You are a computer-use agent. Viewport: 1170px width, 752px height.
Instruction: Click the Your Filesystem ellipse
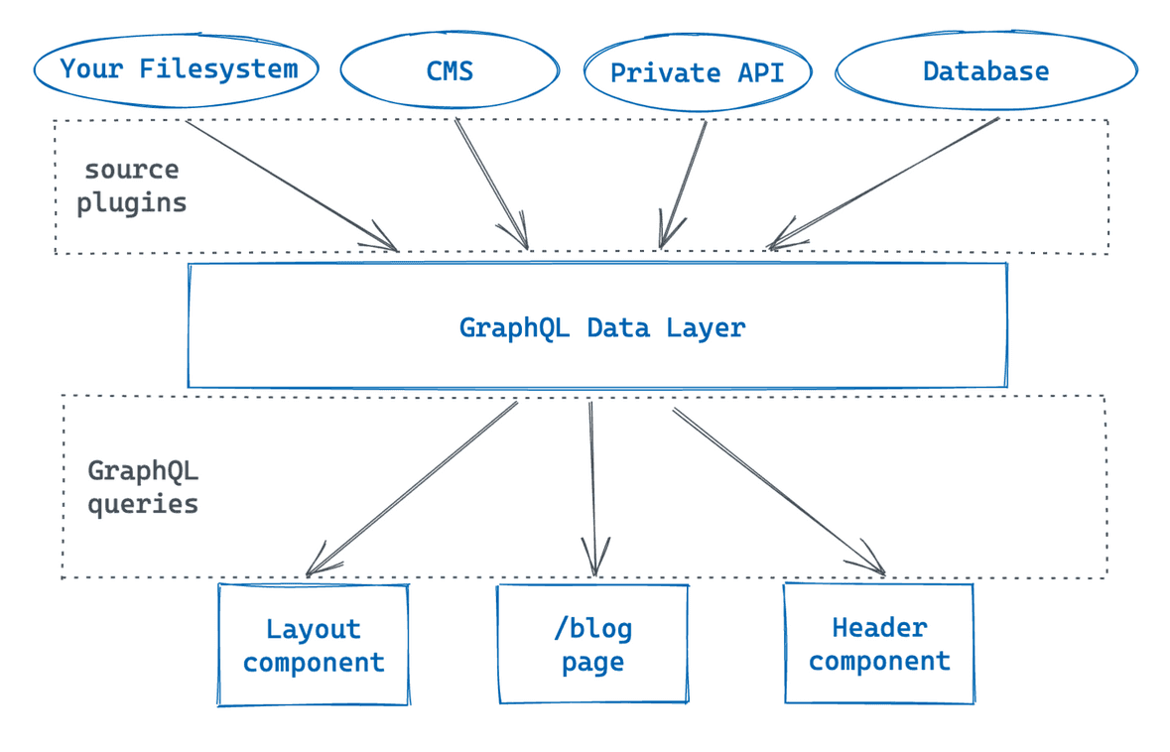[x=177, y=69]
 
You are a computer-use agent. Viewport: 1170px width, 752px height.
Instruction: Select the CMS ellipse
[x=451, y=70]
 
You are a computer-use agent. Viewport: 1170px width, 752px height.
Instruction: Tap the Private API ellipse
[x=697, y=72]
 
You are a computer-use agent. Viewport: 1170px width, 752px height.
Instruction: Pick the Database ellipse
[x=985, y=70]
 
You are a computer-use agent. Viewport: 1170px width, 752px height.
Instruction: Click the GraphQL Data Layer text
[x=601, y=327]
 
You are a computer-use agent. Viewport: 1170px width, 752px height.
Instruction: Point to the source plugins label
[x=132, y=186]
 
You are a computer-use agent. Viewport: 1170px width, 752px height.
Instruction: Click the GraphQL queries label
[x=143, y=486]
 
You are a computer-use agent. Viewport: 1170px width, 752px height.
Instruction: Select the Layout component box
[x=314, y=645]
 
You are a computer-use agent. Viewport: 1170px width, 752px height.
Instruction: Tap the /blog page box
[x=592, y=645]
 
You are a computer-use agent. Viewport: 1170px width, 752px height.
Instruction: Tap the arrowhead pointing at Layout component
[x=315, y=566]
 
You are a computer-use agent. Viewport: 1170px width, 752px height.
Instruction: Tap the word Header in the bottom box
[x=879, y=627]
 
